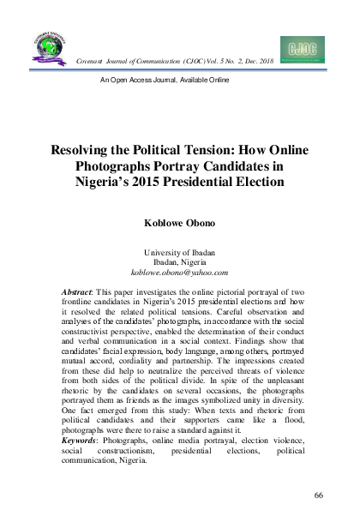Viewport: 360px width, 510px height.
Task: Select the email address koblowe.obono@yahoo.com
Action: click(x=179, y=272)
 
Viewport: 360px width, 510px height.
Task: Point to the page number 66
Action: click(x=318, y=495)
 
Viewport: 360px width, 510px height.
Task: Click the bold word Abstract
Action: click(x=81, y=293)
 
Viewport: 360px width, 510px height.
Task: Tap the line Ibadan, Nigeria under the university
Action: click(x=179, y=261)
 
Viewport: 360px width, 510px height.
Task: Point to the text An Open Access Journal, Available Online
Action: click(x=165, y=80)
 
